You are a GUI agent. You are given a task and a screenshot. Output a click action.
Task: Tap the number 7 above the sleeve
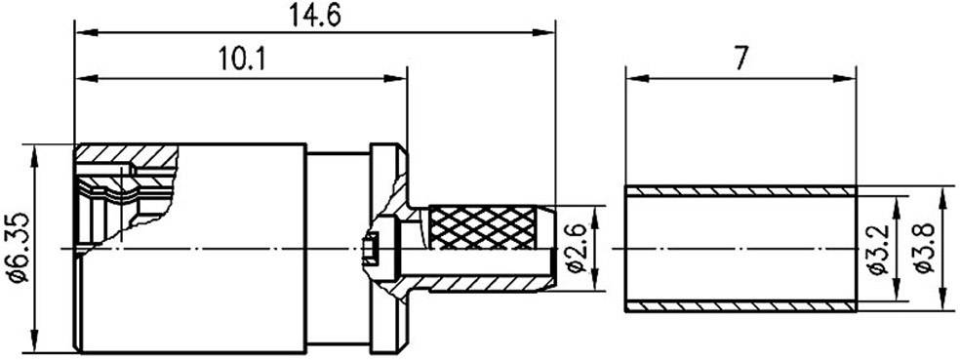coord(740,59)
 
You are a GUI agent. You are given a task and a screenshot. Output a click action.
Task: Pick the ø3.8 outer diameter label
coord(921,249)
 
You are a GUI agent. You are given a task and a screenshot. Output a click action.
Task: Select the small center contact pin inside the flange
coord(371,249)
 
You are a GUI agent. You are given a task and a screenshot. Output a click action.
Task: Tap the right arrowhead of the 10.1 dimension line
coord(400,78)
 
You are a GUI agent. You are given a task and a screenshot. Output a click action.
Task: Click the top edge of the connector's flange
coord(387,146)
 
